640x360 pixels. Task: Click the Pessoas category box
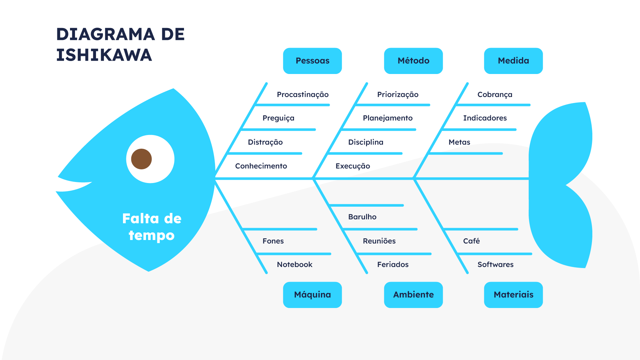(x=312, y=61)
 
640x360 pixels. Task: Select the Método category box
(x=413, y=61)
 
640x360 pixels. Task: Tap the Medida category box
(x=513, y=61)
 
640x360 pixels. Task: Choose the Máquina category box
(x=312, y=295)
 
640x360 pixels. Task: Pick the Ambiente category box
(x=413, y=295)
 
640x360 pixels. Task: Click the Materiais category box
(x=513, y=295)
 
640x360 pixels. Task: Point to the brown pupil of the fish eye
(x=141, y=159)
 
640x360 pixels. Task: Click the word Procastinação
(x=303, y=95)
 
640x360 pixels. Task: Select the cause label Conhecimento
(x=261, y=166)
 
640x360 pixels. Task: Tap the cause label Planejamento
(x=388, y=118)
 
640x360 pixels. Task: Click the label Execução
(x=353, y=166)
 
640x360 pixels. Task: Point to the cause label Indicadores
(x=485, y=118)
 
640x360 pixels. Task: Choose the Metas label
(x=459, y=142)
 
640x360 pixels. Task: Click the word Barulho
(x=362, y=217)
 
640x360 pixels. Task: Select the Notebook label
(x=295, y=265)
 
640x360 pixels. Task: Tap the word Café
(x=471, y=241)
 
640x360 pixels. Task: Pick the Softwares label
(x=495, y=265)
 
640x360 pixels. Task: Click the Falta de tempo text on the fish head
(x=152, y=227)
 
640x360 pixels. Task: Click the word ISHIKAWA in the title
(x=104, y=55)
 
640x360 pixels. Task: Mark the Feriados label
(x=393, y=265)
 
